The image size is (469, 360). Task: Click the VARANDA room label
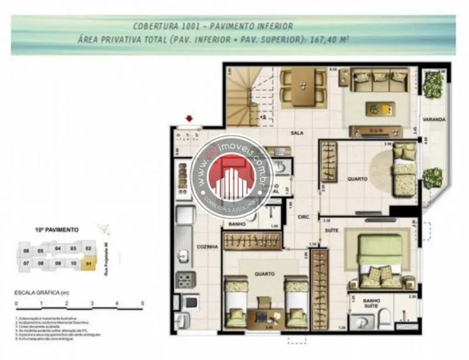[434, 119]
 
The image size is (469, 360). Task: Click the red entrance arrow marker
[190, 118]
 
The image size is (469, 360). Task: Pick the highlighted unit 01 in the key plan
[89, 264]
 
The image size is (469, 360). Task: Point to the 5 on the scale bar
[142, 304]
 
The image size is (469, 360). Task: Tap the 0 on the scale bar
[17, 304]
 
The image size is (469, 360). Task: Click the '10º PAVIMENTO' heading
[56, 229]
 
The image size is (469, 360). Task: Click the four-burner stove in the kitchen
[184, 280]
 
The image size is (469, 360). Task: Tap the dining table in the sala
[303, 86]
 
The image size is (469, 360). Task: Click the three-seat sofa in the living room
[380, 80]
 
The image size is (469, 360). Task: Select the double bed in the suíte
[380, 259]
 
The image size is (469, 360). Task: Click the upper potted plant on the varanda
[434, 84]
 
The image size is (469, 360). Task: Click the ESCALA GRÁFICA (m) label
[42, 291]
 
